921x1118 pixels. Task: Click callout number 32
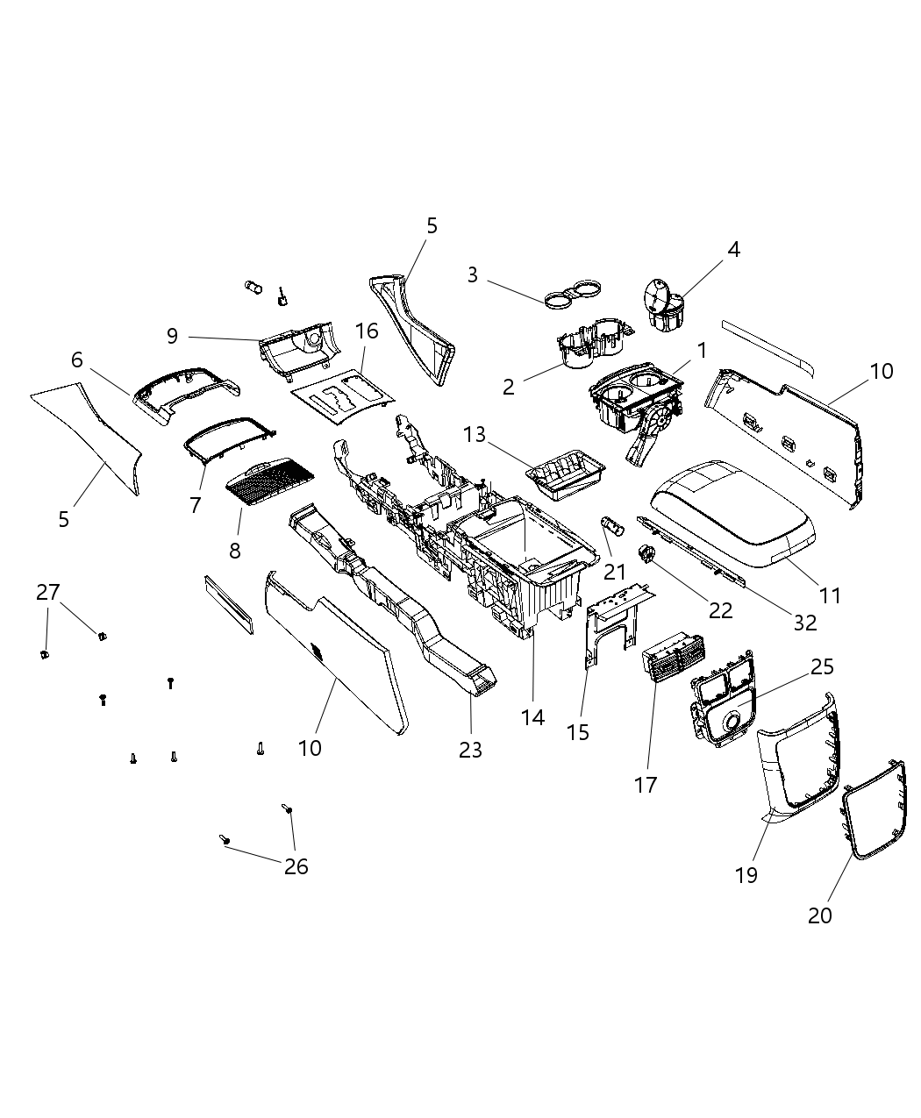pos(804,622)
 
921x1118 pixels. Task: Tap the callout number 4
pos(733,249)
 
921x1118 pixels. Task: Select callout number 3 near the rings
pos(473,275)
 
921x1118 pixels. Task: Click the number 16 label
pos(367,331)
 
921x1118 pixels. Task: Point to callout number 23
pos(471,750)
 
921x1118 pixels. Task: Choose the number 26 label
pos(296,866)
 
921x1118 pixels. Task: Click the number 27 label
pos(47,592)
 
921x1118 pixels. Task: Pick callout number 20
pos(819,915)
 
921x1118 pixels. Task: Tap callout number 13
pos(475,434)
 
